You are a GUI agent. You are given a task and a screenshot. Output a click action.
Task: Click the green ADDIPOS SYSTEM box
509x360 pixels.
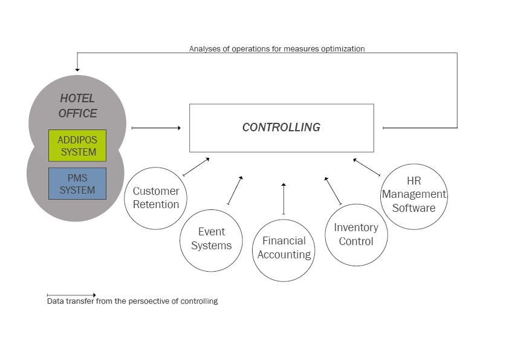(x=77, y=146)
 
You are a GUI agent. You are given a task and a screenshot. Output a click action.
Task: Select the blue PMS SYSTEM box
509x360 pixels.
(x=77, y=183)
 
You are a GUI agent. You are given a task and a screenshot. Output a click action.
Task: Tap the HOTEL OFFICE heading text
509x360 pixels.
(x=77, y=106)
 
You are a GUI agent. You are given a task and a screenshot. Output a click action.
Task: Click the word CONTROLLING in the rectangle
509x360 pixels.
(x=282, y=128)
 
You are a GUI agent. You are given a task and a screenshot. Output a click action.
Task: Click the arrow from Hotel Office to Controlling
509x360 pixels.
(x=156, y=128)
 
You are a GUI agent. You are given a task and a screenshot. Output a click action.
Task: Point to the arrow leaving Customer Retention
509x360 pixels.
(x=196, y=166)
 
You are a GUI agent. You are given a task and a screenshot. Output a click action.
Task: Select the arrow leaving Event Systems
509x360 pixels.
(x=235, y=191)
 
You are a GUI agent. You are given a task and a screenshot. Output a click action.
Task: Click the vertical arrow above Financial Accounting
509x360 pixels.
(x=284, y=199)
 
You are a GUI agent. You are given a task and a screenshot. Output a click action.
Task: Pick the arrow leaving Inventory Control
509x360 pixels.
(x=333, y=191)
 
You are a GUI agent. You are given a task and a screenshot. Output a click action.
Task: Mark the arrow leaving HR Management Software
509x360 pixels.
(x=367, y=168)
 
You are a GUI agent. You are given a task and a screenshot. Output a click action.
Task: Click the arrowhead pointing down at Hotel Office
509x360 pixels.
(x=77, y=70)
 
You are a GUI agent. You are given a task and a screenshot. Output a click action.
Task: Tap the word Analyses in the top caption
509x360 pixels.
(x=201, y=49)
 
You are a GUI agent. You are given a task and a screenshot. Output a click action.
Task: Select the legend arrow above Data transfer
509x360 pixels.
(x=71, y=295)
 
